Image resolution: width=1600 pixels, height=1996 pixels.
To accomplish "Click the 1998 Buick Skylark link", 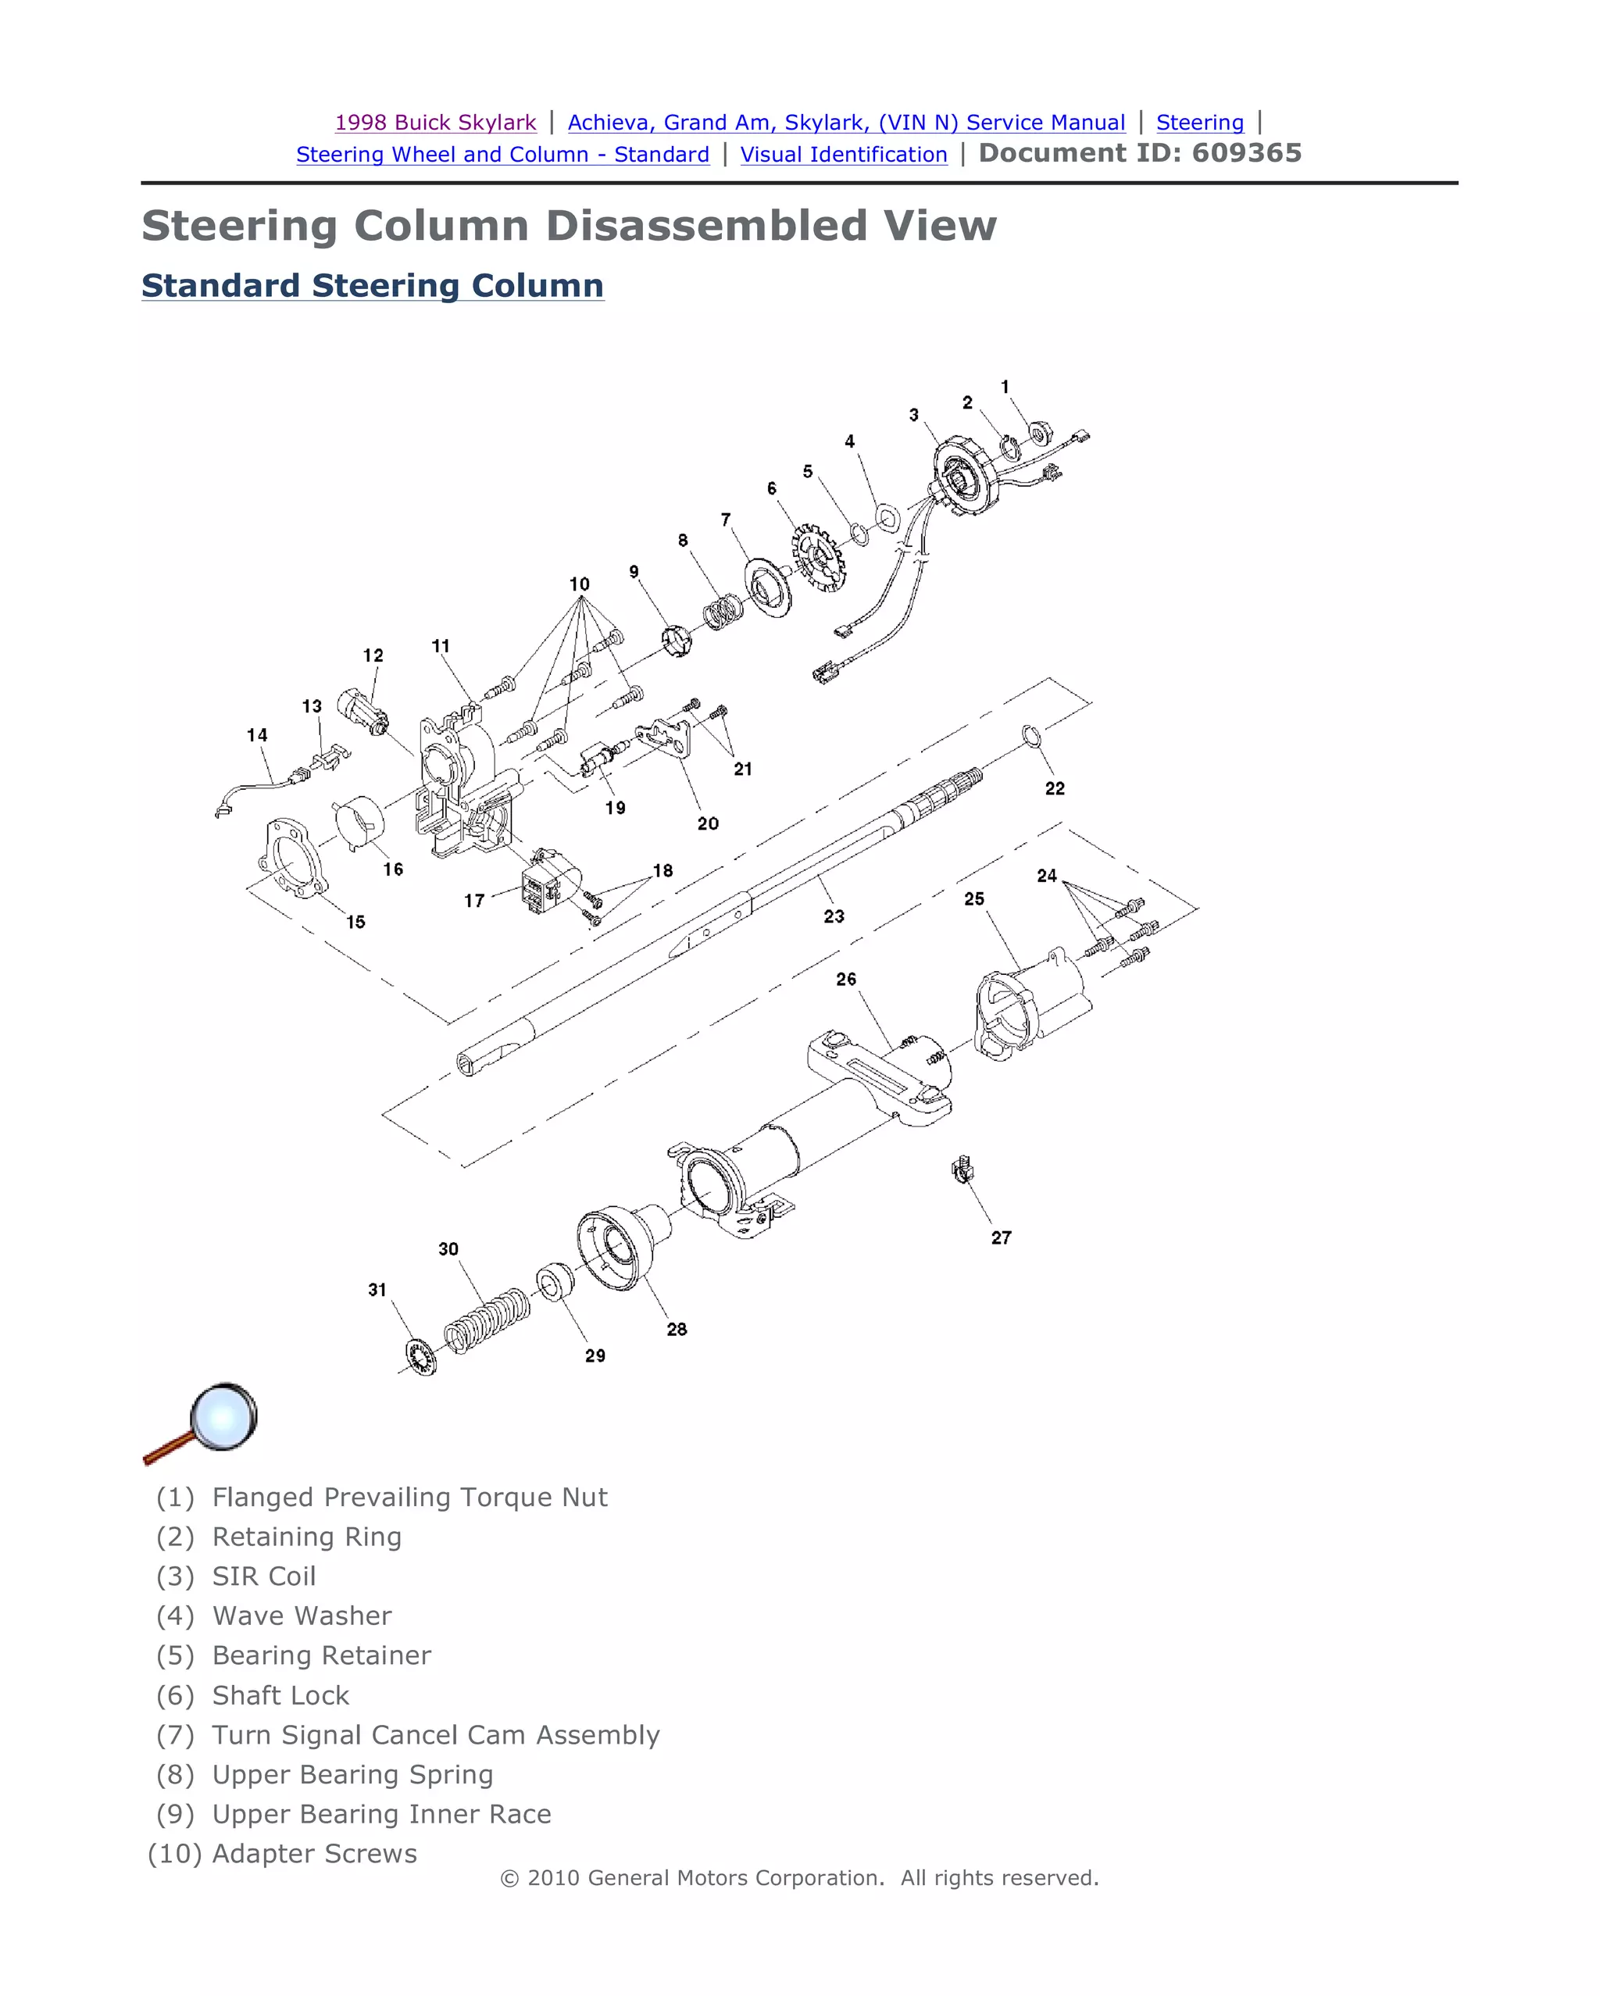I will [x=435, y=122].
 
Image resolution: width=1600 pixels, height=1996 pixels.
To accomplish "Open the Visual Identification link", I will [x=844, y=155].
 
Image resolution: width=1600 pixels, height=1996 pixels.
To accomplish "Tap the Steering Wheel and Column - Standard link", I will [x=503, y=155].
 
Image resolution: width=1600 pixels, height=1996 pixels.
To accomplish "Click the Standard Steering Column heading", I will [x=372, y=285].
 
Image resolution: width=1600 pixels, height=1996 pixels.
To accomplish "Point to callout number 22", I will [x=1055, y=789].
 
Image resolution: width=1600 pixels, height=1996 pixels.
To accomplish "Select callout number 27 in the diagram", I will [x=1001, y=1237].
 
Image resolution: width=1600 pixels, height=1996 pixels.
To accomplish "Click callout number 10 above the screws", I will [x=579, y=584].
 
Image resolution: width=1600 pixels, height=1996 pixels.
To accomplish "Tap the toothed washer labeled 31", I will [x=422, y=1357].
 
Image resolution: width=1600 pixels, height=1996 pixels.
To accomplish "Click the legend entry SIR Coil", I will [x=264, y=1576].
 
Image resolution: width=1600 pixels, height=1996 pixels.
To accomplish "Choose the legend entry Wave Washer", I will [x=302, y=1616].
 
